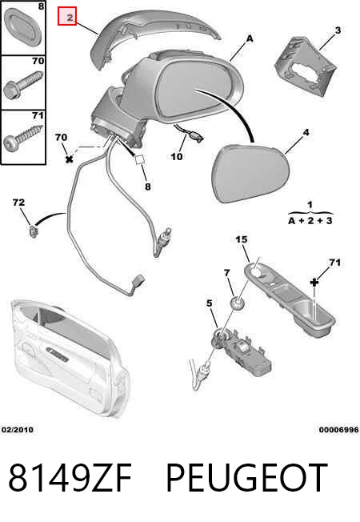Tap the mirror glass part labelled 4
[251, 173]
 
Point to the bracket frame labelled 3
[305, 67]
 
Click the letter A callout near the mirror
[250, 39]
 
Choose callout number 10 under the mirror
[177, 156]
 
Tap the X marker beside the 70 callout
[69, 159]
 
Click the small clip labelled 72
[32, 231]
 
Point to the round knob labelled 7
[238, 303]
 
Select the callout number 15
[242, 239]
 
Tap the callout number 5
[209, 303]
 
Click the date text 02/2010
[18, 429]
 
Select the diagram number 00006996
[338, 430]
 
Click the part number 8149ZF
[70, 478]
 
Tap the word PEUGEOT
[246, 478]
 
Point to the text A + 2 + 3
[310, 220]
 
